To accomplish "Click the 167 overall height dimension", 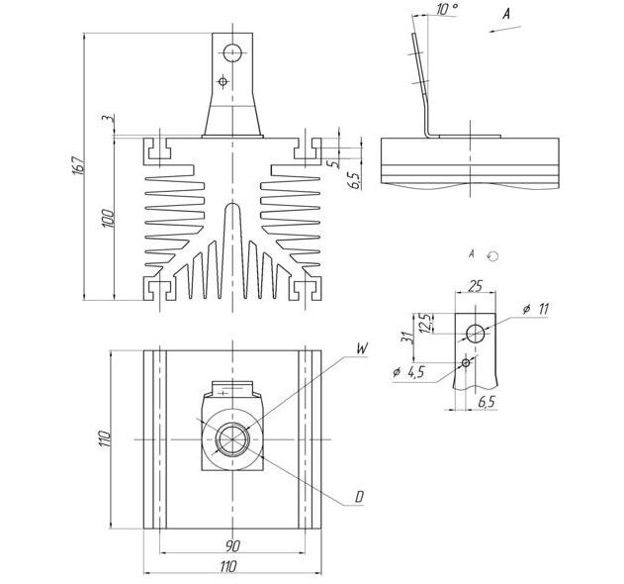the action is click(79, 164).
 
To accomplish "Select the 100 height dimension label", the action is click(108, 218).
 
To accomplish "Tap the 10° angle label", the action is click(447, 9).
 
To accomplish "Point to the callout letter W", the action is click(361, 348).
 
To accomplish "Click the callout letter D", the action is click(359, 497).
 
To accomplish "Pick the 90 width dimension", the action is click(232, 545).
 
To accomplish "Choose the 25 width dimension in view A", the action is click(475, 286).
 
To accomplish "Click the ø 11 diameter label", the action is click(536, 309).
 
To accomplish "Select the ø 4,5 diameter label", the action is click(408, 372).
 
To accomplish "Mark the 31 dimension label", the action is click(406, 337).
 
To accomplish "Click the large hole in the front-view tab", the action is click(232, 52).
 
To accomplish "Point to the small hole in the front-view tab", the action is click(223, 82).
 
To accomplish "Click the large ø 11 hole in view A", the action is click(475, 334).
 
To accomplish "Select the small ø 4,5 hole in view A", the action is click(466, 362).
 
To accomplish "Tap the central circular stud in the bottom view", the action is click(232, 439).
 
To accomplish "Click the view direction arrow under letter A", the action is click(504, 29).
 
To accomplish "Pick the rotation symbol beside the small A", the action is click(493, 256).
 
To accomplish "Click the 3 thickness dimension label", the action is click(106, 119).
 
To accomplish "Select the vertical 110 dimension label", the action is click(104, 438).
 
